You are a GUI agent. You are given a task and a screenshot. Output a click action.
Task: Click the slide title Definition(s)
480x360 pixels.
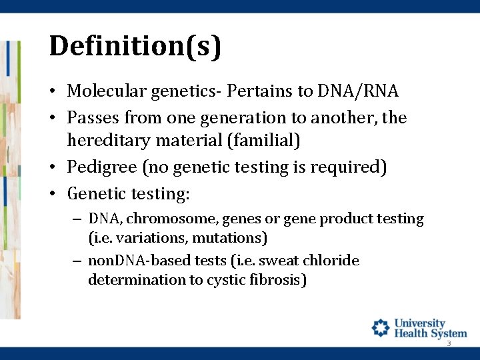[135, 46]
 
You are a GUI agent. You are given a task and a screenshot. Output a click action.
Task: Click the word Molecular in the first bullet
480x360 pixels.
[107, 91]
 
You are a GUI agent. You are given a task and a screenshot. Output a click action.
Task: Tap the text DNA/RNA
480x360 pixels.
[358, 91]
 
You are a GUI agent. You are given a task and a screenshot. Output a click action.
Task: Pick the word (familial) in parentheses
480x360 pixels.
[263, 141]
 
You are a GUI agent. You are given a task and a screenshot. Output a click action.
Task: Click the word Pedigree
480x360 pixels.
[102, 167]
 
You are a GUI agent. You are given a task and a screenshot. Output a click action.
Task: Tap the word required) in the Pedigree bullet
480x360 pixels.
[349, 167]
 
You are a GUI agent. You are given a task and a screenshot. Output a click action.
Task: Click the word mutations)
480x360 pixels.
[229, 238]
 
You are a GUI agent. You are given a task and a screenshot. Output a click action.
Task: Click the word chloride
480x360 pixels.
[331, 260]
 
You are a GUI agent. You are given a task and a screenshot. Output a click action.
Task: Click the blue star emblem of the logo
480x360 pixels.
[381, 328]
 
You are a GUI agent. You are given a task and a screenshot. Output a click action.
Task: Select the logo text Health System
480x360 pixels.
[431, 333]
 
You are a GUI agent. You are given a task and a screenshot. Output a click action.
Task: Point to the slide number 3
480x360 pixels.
[449, 343]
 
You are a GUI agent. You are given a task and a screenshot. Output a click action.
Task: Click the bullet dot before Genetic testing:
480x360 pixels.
[53, 194]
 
